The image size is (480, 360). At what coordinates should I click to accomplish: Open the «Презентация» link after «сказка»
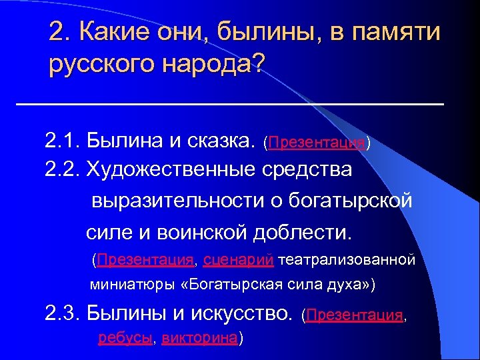(316, 143)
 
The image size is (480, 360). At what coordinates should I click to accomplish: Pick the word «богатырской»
(361, 201)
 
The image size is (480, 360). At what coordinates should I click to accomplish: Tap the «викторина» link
(199, 338)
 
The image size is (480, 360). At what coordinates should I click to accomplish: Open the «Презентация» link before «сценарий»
(145, 259)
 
